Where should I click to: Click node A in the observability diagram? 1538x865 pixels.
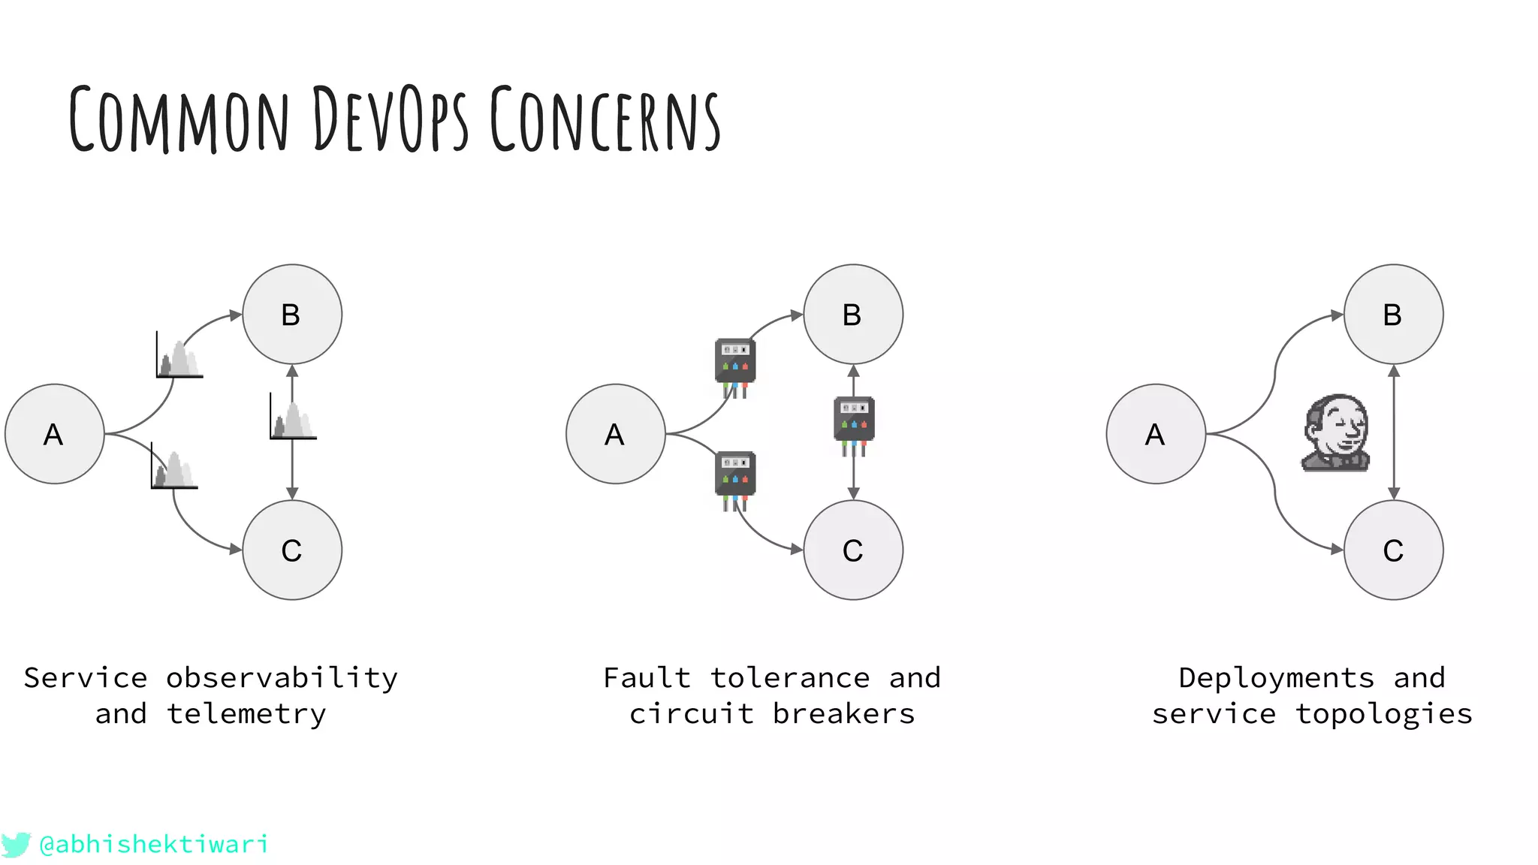pyautogui.click(x=54, y=434)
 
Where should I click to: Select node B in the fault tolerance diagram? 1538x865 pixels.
pyautogui.click(x=852, y=314)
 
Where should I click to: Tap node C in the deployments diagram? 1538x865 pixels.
pyautogui.click(x=1393, y=550)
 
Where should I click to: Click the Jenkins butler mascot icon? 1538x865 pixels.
pyautogui.click(x=1336, y=433)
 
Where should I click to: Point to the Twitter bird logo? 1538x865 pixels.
pyautogui.click(x=15, y=844)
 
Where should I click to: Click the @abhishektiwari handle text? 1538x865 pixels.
pyautogui.click(x=153, y=844)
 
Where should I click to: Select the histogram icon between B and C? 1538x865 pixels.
pyautogui.click(x=293, y=419)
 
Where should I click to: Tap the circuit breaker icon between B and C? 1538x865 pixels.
pyautogui.click(x=854, y=423)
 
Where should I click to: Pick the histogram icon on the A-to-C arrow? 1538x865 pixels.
pyautogui.click(x=173, y=468)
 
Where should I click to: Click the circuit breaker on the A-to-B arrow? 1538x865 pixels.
pyautogui.click(x=734, y=365)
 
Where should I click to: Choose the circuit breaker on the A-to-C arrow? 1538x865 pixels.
pyautogui.click(x=734, y=478)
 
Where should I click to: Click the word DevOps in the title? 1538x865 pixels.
pyautogui.click(x=389, y=119)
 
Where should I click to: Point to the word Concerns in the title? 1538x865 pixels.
pyautogui.click(x=605, y=119)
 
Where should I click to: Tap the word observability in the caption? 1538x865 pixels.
pyautogui.click(x=281, y=678)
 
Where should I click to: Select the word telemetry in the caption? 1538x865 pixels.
pyautogui.click(x=246, y=714)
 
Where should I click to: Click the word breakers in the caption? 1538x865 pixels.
pyautogui.click(x=843, y=714)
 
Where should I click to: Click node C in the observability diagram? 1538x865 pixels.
pyautogui.click(x=291, y=550)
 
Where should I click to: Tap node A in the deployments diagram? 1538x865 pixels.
pyautogui.click(x=1155, y=434)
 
